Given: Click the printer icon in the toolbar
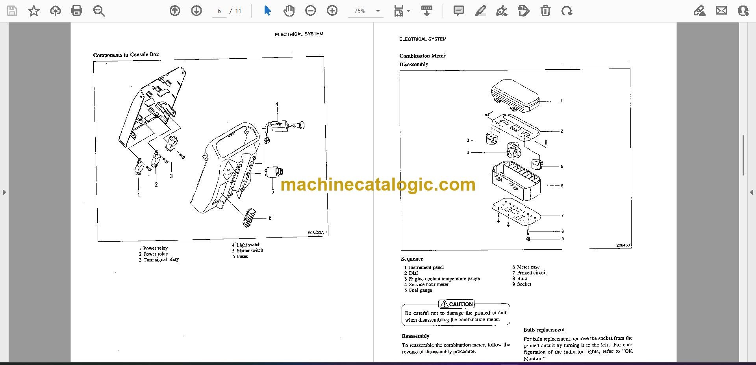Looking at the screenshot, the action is point(77,11).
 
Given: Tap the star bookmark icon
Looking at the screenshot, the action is point(34,11).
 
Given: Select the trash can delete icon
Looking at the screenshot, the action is point(545,11).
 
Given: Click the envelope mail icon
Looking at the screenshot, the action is point(721,11).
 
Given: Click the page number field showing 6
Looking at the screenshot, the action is point(219,11).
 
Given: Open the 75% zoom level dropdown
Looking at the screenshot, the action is point(365,11).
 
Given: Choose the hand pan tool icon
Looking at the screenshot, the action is point(289,11).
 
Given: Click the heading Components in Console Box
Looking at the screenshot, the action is point(126,55).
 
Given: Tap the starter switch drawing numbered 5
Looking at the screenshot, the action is point(274,172).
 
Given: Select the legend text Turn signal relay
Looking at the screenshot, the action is point(161,259).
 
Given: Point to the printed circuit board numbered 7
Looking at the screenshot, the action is point(516,213).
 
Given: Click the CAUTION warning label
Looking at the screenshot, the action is point(457,304).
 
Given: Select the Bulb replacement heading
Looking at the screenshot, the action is point(544,330).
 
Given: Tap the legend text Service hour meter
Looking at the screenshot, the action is point(428,284).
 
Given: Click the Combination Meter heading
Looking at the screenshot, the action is point(422,56).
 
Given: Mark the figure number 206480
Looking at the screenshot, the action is point(623,245).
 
